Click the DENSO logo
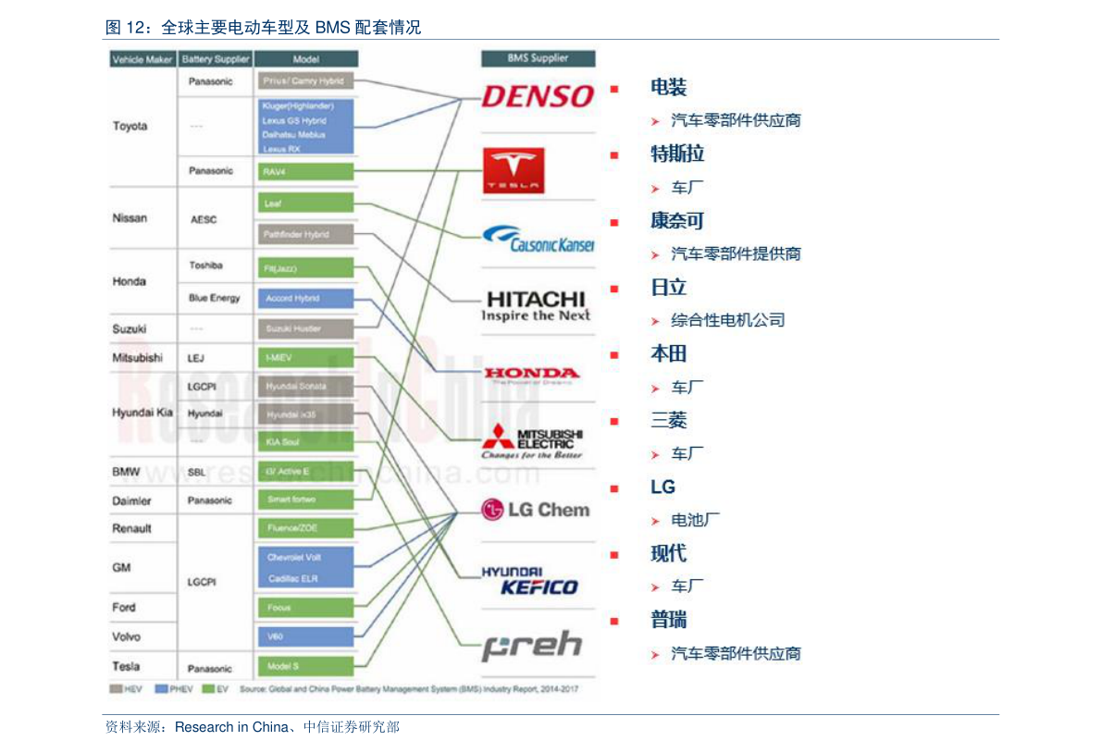538,95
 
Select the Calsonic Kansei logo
538,239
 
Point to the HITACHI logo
536,306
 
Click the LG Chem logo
536,509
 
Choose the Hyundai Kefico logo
530,581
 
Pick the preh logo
532,646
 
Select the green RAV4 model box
304,171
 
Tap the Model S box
304,666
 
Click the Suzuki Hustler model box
304,328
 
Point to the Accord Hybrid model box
304,298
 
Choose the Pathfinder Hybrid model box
304,234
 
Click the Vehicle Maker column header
142,59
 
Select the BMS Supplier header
538,58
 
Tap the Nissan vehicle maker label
130,218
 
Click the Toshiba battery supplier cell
205,265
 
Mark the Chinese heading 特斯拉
677,154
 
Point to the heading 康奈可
677,220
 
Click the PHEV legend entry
175,689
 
